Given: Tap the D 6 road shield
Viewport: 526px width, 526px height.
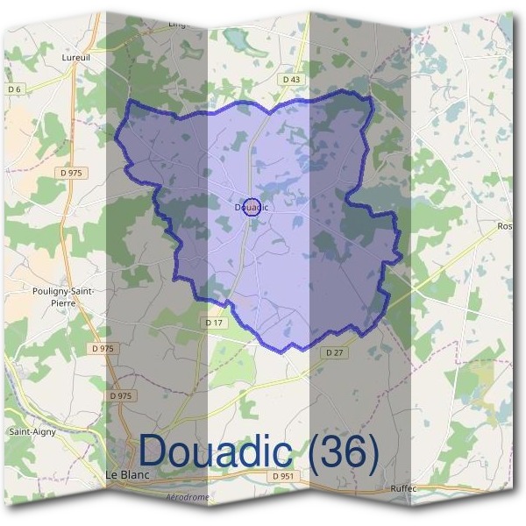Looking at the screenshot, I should [x=14, y=89].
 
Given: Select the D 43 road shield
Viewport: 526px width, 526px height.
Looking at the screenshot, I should [x=292, y=79].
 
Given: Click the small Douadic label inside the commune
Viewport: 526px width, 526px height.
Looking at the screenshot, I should [x=252, y=208].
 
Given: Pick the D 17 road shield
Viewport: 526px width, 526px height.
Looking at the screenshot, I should [x=215, y=323].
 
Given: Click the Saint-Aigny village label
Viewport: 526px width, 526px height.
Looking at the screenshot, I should [x=32, y=432].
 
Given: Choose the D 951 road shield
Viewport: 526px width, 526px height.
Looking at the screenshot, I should [x=282, y=476].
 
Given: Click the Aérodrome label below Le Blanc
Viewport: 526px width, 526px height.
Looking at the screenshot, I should [x=188, y=497].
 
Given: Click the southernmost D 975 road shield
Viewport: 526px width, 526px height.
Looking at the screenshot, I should [x=121, y=396].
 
